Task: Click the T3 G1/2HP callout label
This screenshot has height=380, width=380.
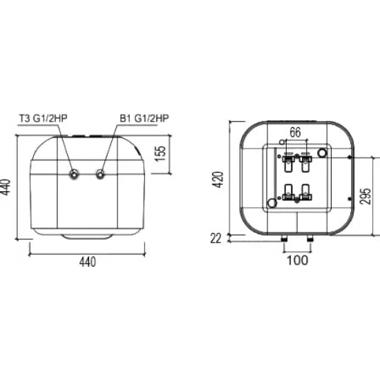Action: coord(43,118)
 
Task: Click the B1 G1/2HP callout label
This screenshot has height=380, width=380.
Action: coord(144,118)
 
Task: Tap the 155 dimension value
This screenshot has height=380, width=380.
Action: coord(160,153)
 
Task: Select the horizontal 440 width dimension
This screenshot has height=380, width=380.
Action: coord(88,262)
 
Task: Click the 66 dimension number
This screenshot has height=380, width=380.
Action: coord(295,132)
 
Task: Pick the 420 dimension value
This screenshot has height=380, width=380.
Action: coord(218,180)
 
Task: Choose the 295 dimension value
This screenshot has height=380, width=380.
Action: coord(365,196)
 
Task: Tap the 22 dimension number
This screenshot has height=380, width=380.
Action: coord(216,239)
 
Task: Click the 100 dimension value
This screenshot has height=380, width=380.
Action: coord(298,260)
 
